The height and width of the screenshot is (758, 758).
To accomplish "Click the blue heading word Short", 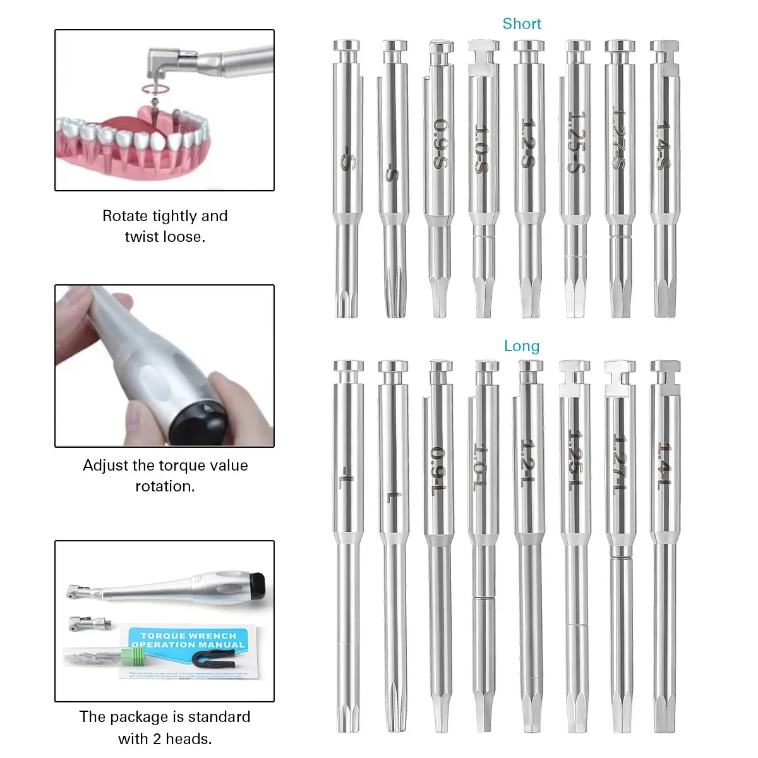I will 522,24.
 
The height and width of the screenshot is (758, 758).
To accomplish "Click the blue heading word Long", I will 522,346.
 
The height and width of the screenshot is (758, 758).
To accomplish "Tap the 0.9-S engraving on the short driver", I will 440,143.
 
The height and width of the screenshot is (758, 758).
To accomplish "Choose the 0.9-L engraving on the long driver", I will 438,471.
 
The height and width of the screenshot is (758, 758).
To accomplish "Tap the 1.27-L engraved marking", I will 619,464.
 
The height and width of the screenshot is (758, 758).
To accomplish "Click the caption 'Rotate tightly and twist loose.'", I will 165,226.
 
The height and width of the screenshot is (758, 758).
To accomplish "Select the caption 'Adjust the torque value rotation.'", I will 165,476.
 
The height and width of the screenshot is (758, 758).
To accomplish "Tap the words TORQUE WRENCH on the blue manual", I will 188,635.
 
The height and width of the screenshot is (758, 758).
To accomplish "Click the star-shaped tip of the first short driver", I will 346,303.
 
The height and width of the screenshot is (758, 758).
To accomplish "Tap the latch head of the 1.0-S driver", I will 483,52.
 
